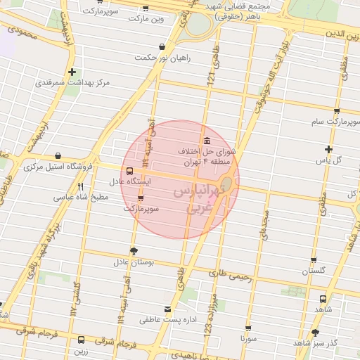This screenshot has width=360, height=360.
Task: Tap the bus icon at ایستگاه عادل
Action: (x=129, y=171)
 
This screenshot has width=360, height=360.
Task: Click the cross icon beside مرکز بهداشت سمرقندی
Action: (x=72, y=72)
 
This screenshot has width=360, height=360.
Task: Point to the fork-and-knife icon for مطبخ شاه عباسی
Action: (x=81, y=187)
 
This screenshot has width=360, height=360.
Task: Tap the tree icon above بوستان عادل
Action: (x=134, y=251)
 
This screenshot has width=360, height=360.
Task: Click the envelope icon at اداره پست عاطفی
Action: (x=167, y=309)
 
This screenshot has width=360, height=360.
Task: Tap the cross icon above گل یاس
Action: (x=328, y=149)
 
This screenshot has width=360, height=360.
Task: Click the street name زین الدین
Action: (x=342, y=34)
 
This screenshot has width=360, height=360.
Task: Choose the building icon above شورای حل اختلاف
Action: (x=205, y=140)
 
